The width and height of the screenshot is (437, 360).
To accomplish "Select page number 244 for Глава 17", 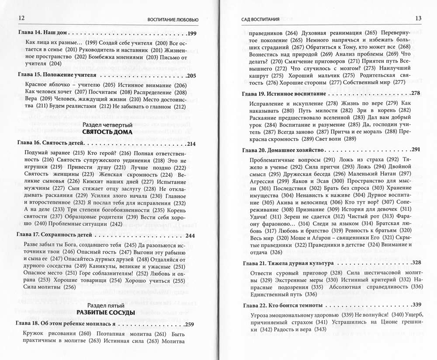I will (190, 235).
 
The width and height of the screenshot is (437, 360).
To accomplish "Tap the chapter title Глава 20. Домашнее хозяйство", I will (284, 150).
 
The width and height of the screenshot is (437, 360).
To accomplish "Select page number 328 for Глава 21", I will (415, 262).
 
